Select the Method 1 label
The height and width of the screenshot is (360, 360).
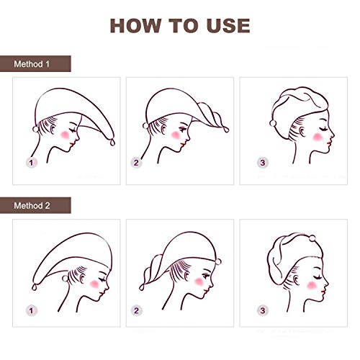[x=32, y=64]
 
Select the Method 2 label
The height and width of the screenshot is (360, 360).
[x=32, y=206]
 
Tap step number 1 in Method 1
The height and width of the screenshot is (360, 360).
[x=31, y=163]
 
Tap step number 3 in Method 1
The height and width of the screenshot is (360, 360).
[x=262, y=163]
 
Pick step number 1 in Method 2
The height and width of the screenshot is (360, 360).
[x=31, y=310]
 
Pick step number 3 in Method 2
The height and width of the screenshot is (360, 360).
[x=262, y=310]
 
